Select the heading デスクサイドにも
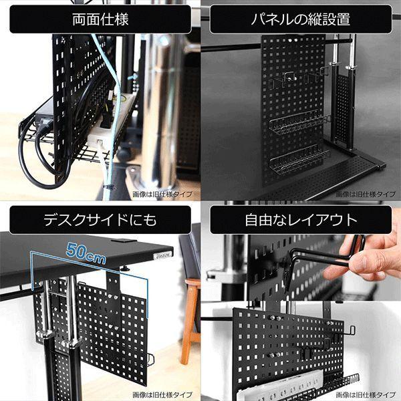[100, 220]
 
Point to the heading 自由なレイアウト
[300, 220]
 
